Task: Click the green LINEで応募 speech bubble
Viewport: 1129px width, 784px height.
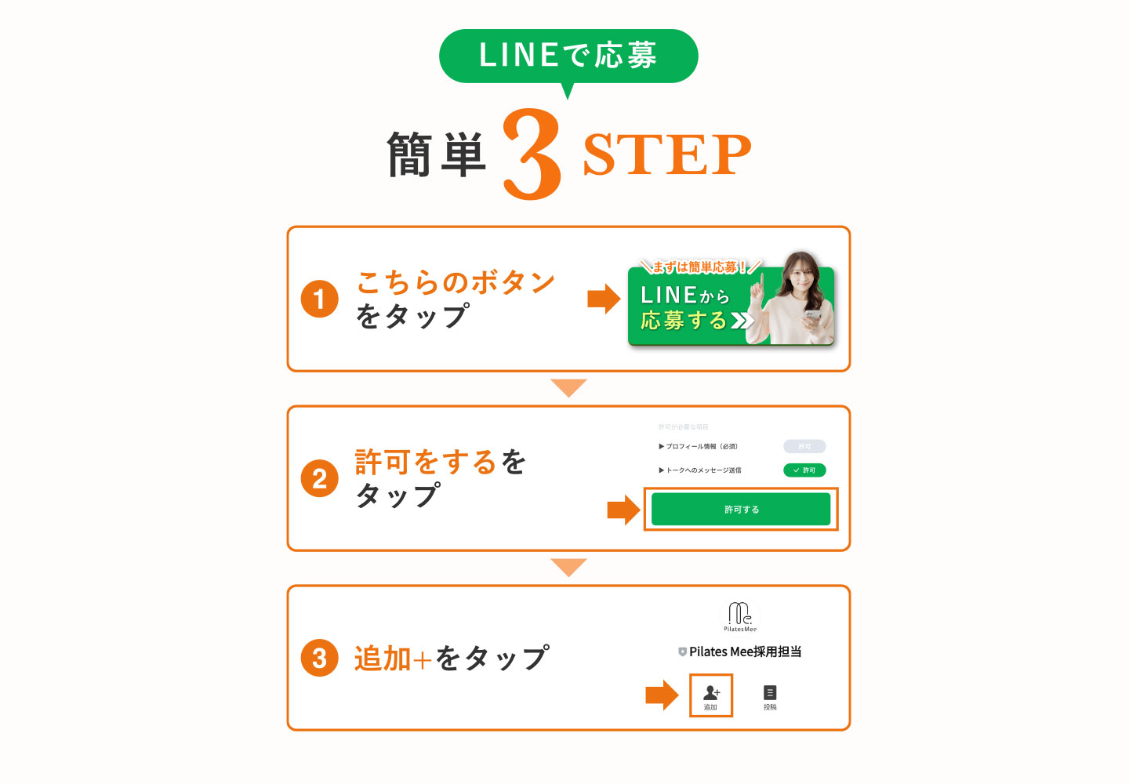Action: coord(568,56)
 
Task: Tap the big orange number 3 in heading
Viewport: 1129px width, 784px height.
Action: coord(532,154)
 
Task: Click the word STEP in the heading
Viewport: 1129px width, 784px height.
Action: coord(666,154)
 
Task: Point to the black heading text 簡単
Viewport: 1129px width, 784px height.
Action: coord(437,154)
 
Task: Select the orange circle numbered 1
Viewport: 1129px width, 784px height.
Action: coord(320,299)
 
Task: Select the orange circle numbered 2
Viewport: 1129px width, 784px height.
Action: coord(320,478)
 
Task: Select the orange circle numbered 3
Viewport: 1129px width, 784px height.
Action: coord(320,658)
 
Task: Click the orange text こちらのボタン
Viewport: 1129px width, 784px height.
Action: coord(456,281)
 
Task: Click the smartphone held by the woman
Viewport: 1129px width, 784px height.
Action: coord(812,318)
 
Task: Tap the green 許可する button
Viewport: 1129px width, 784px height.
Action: coord(741,510)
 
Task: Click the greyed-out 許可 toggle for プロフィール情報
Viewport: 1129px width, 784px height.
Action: coord(804,446)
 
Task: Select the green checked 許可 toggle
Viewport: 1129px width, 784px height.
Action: coord(804,470)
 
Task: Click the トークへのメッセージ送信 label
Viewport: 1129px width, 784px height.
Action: coord(702,470)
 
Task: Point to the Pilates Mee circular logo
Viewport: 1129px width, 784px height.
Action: coord(740,615)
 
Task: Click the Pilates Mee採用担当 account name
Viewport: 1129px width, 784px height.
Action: coord(745,652)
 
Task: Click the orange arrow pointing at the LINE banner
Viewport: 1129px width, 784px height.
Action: coord(604,299)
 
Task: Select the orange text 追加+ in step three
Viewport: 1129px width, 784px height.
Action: coord(392,659)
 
